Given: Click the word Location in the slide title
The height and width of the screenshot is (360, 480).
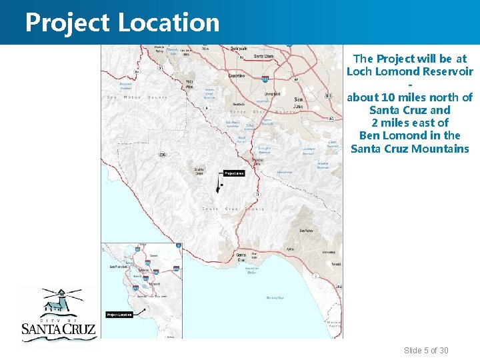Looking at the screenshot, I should tap(169, 23).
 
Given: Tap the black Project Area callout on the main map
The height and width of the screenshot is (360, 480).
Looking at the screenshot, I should tap(234, 173).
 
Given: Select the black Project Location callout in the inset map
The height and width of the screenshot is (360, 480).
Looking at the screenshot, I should tap(119, 314).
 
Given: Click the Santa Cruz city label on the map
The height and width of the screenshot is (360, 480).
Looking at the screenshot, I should tap(241, 255).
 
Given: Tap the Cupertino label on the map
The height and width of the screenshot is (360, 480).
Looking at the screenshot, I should tap(237, 75).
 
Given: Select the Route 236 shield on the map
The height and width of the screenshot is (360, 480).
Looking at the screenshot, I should tap(163, 155).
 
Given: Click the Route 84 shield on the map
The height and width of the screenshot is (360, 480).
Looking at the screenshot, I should tap(137, 71).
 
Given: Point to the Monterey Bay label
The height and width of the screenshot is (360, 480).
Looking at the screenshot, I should tap(275, 297).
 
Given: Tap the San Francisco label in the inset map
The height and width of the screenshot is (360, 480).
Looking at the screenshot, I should tap(118, 267).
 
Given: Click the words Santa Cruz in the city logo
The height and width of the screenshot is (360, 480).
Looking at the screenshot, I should tap(59, 329).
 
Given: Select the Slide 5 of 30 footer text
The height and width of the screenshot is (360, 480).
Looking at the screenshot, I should tap(426, 351).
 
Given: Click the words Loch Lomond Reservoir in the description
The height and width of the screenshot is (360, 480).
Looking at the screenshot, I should tap(409, 71).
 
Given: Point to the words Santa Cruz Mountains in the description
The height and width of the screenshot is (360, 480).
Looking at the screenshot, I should tap(409, 148).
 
